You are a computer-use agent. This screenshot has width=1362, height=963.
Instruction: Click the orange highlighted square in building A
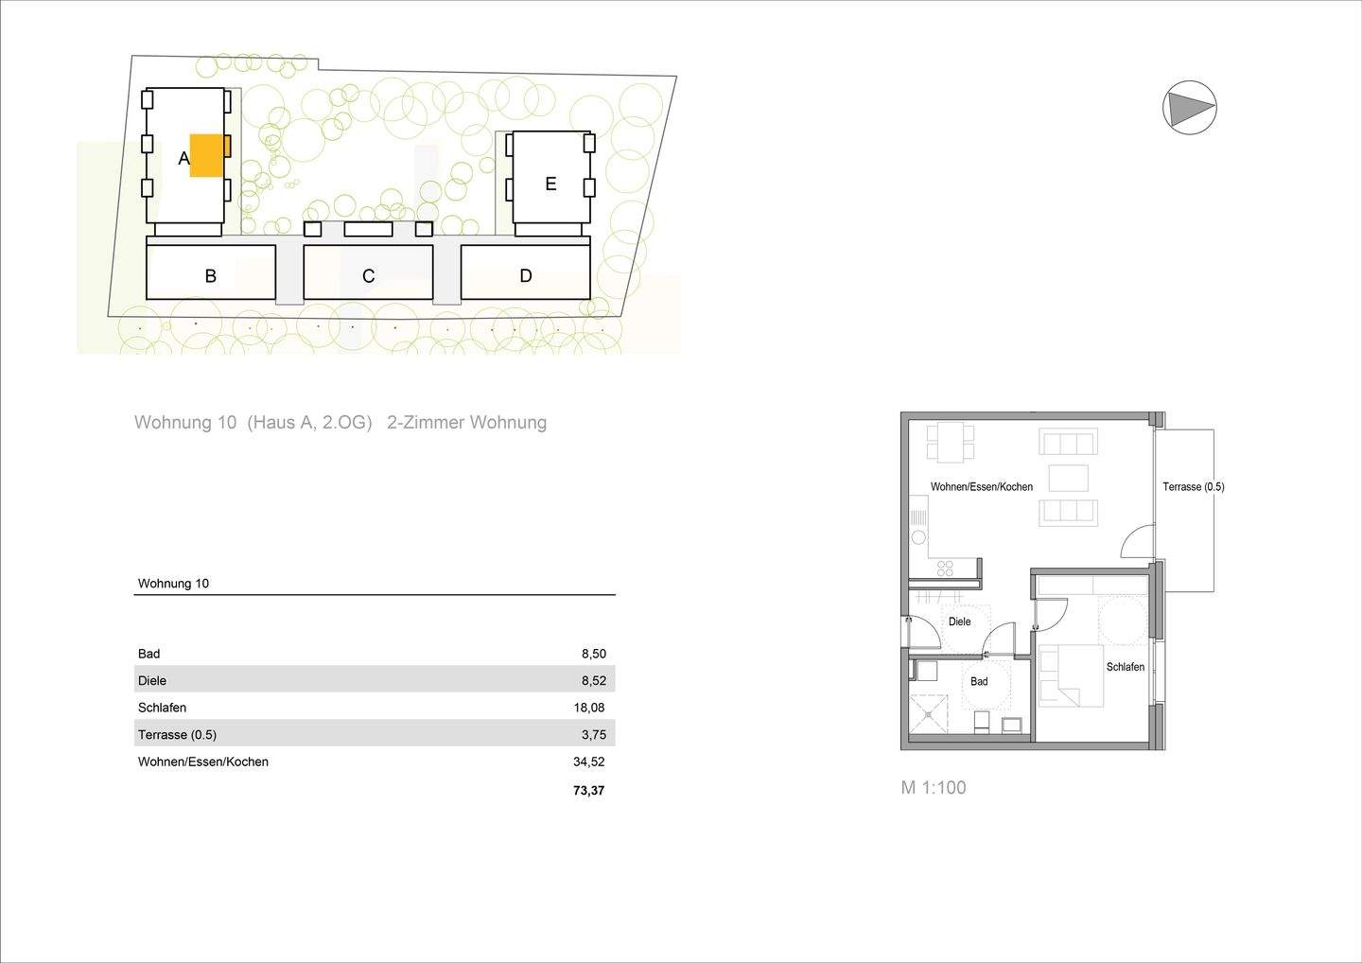206,155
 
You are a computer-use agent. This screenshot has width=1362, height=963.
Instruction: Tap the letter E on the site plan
550,184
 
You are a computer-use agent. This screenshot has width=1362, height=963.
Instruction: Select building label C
368,276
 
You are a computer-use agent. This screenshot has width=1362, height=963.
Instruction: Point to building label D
526,276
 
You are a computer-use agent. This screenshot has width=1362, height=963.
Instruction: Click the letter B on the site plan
211,276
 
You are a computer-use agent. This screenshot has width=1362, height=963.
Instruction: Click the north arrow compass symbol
1189,107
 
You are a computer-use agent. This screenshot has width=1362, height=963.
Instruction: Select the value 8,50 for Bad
594,654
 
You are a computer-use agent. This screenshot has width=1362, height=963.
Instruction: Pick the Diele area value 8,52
594,680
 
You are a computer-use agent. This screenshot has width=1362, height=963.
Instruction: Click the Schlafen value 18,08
591,708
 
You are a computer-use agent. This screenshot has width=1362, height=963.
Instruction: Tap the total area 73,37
588,790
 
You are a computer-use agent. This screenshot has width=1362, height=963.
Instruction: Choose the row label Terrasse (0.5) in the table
177,734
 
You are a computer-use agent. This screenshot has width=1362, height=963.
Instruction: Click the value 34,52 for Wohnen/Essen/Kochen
591,762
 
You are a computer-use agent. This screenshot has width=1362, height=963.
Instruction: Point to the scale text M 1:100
933,788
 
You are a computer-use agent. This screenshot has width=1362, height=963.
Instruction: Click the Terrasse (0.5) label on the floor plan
1193,487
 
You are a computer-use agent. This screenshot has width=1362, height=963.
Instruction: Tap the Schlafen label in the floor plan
1125,667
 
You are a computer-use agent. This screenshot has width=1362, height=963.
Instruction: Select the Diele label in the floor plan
959,622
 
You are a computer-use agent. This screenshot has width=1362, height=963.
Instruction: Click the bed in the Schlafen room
1071,675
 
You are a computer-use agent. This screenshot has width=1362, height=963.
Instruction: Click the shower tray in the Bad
928,712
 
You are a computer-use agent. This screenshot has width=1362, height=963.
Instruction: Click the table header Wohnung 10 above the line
173,584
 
